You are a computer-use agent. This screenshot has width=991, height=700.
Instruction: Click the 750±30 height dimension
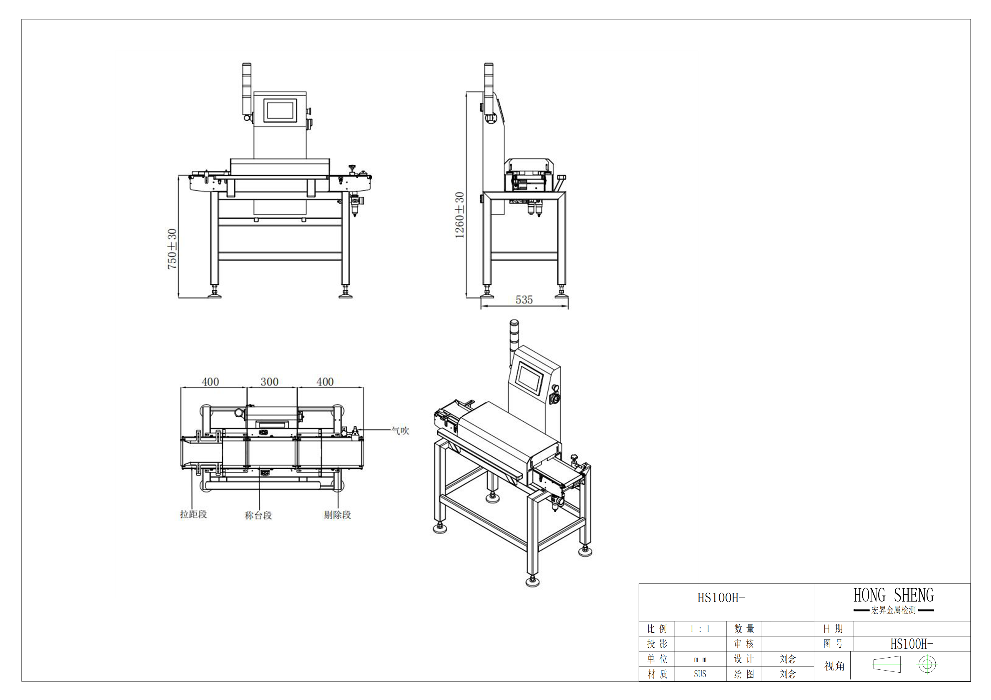(172, 249)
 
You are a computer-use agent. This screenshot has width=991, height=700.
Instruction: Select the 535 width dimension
(524, 300)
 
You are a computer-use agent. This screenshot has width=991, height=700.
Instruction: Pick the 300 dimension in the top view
(269, 382)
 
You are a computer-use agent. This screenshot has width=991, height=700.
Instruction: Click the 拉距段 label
(193, 514)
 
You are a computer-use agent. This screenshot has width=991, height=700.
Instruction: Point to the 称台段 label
(258, 515)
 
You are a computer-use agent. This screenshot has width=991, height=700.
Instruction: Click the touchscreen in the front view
(280, 110)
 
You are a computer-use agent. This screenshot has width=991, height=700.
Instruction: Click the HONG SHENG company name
(894, 595)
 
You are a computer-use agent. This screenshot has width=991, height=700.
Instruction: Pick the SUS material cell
(700, 674)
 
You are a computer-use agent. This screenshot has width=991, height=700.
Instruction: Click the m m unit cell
(700, 659)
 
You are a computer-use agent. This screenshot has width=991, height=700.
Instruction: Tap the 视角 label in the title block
(834, 666)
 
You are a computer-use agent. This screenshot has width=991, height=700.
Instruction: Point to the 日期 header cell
(833, 629)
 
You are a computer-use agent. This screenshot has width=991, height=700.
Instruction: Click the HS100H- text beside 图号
(912, 644)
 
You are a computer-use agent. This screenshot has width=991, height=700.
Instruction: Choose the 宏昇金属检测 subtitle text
(894, 610)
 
